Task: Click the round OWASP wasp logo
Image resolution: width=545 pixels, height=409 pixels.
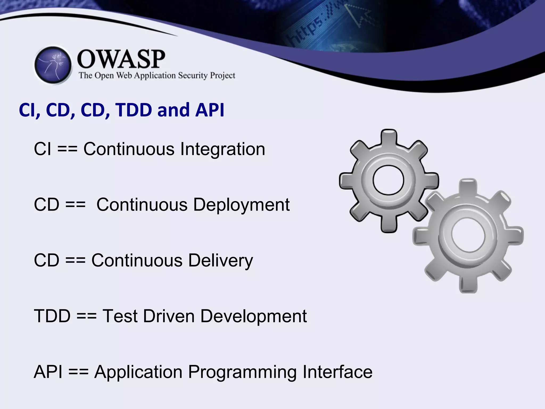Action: [x=53, y=65]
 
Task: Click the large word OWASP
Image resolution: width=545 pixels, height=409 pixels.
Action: [x=121, y=59]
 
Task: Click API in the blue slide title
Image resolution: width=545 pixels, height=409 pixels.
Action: [x=210, y=110]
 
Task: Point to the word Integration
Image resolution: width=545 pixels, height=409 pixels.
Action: [x=222, y=149]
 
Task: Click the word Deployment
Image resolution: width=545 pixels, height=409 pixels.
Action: [x=241, y=205]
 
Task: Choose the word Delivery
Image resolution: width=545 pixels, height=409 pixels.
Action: [x=221, y=260]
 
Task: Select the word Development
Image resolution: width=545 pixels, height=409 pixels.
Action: [x=253, y=316]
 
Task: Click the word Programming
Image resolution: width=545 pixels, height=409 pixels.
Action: [x=242, y=372]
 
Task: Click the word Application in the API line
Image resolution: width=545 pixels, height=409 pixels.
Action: [x=138, y=372]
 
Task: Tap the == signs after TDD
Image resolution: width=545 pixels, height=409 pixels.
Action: [x=86, y=316]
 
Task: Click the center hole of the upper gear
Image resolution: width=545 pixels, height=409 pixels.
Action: [x=388, y=180]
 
